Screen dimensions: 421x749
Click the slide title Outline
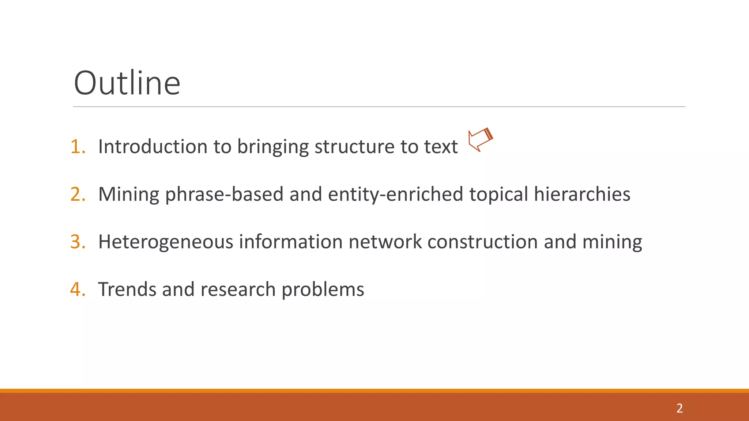(127, 83)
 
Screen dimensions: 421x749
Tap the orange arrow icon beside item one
(480, 139)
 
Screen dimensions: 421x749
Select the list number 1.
(78, 147)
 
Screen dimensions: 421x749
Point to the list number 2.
(78, 194)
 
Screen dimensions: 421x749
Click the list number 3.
(78, 242)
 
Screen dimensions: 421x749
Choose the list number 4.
(78, 289)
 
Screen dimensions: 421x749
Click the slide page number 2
(679, 408)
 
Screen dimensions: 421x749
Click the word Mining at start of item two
(129, 194)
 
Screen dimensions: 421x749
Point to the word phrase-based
(224, 194)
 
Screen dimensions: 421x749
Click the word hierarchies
(582, 194)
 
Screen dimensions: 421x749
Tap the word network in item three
(385, 242)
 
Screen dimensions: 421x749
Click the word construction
(482, 242)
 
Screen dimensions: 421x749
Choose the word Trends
(127, 289)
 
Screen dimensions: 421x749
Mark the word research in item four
(238, 289)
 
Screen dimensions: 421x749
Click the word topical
(498, 194)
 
